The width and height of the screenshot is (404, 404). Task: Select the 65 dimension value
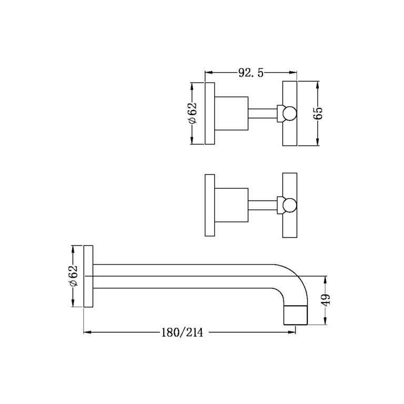[318, 113]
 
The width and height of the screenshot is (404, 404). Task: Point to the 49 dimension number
[326, 300]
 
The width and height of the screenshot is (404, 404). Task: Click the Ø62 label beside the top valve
[193, 113]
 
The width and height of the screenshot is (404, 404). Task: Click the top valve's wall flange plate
[209, 113]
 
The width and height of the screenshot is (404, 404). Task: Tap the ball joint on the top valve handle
[288, 113]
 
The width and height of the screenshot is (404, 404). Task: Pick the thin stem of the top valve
[261, 113]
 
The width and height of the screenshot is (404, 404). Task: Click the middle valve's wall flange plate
[209, 206]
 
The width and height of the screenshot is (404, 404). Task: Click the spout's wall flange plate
[88, 276]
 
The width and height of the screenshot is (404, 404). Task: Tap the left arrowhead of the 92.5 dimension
[207, 73]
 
